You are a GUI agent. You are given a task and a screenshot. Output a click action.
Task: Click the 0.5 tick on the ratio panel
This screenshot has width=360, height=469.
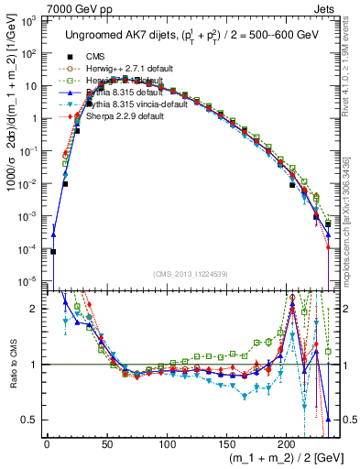[x=30, y=420]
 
